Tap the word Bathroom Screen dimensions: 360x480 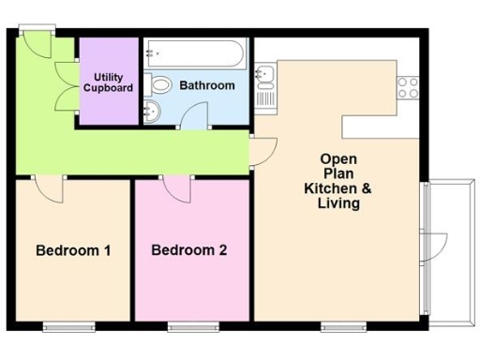pyautogui.click(x=207, y=85)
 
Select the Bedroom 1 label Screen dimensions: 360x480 pyautogui.click(x=73, y=250)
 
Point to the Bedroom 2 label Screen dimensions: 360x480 pyautogui.click(x=188, y=250)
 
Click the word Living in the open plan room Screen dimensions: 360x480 pyautogui.click(x=338, y=202)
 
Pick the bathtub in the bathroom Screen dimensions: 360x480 pyautogui.click(x=195, y=53)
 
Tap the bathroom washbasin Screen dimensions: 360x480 pyautogui.click(x=155, y=113)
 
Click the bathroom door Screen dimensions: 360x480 pyautogui.click(x=193, y=116)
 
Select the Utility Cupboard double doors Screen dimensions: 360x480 pyautogui.click(x=67, y=84)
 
